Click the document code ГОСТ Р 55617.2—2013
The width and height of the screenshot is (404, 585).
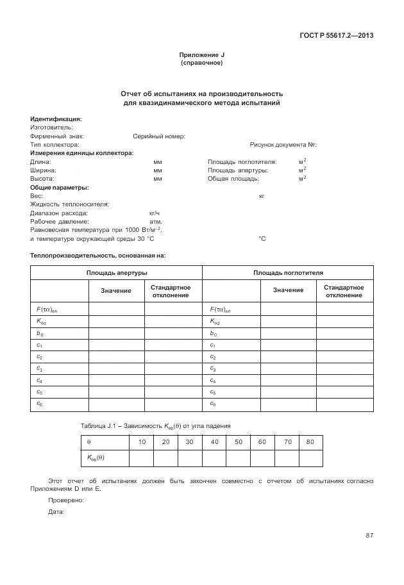[336, 35]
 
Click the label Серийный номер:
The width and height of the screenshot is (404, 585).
[159, 136]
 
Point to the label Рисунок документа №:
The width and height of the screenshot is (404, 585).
[283, 145]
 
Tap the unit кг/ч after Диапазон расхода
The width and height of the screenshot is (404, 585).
[154, 213]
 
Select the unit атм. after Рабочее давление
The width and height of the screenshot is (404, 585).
[155, 221]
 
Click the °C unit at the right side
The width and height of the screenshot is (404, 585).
[262, 238]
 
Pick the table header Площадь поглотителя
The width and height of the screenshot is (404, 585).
[288, 273]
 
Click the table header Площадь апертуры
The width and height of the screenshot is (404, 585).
[116, 273]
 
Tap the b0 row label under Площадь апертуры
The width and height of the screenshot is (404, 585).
[40, 334]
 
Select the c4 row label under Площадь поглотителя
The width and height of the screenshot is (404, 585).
[214, 381]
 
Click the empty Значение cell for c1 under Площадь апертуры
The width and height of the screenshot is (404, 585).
[116, 345]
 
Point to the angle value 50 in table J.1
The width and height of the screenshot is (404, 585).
[238, 442]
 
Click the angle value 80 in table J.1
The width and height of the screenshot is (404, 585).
[310, 442]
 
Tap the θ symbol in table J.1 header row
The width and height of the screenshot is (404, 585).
[89, 442]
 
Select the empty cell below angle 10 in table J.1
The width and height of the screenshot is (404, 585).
[142, 457]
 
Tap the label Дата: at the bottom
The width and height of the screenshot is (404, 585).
[56, 511]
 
